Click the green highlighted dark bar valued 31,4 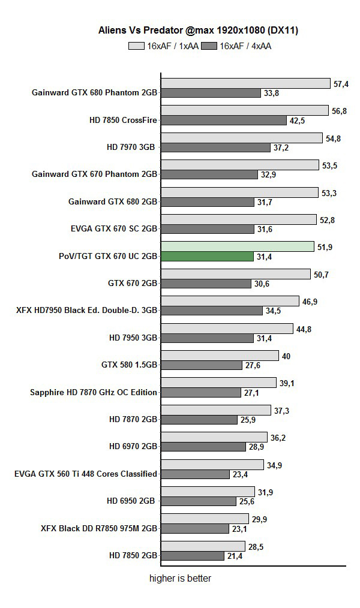coord(207,257)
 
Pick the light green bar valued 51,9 coord(238,246)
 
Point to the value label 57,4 coord(341,85)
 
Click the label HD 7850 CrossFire coord(123,120)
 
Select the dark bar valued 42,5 coord(224,121)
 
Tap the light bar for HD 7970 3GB coord(242,138)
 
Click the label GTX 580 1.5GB coord(130,365)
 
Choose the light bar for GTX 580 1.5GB coord(220,356)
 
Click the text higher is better coord(180,579)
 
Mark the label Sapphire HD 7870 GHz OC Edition coord(94,392)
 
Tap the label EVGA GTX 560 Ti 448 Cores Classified coord(86,474)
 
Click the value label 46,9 coord(310,302)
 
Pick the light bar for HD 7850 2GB coord(203,546)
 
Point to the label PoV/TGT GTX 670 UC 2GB coord(108,256)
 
